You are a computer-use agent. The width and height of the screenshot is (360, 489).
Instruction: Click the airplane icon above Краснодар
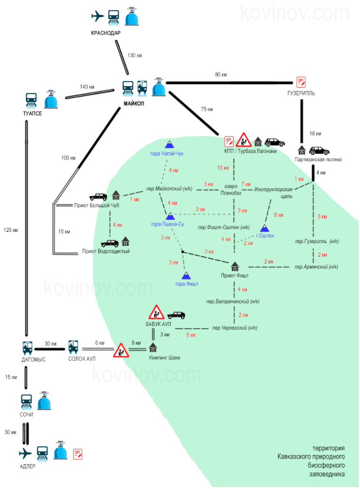tap(98, 16)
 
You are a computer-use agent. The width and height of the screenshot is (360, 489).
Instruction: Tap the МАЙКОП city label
tap(134, 103)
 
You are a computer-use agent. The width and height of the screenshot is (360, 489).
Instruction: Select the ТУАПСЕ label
tap(33, 113)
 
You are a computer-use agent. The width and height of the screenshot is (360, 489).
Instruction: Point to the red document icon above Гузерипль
tap(301, 82)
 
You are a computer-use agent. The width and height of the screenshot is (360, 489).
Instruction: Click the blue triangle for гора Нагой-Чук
tap(169, 144)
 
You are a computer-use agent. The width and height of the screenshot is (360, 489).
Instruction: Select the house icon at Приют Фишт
tap(235, 266)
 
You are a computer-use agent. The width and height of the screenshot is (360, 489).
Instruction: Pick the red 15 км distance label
tap(223, 168)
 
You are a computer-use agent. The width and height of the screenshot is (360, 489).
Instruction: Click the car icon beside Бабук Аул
tap(176, 315)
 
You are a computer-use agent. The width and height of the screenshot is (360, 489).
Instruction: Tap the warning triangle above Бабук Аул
tap(155, 312)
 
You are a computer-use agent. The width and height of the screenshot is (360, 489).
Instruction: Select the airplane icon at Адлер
tap(25, 453)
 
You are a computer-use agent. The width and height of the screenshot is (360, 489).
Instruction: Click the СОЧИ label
tap(27, 415)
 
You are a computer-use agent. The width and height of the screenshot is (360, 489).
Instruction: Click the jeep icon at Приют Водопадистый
tap(110, 242)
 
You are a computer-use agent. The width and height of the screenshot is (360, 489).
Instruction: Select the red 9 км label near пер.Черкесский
tap(191, 335)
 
